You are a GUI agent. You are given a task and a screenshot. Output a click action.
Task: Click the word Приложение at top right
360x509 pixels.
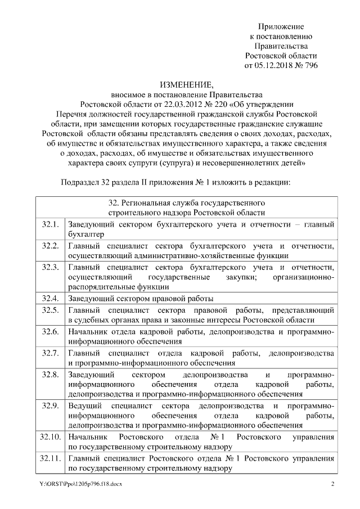click(x=281, y=26)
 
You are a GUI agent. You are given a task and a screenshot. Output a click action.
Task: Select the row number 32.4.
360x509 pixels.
click(x=50, y=298)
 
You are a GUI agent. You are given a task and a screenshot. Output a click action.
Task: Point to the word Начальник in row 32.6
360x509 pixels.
click(x=88, y=332)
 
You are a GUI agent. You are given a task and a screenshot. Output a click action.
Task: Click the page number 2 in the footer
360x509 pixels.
click(x=332, y=485)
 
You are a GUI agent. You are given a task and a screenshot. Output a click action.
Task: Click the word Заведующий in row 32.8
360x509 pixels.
click(x=92, y=374)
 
